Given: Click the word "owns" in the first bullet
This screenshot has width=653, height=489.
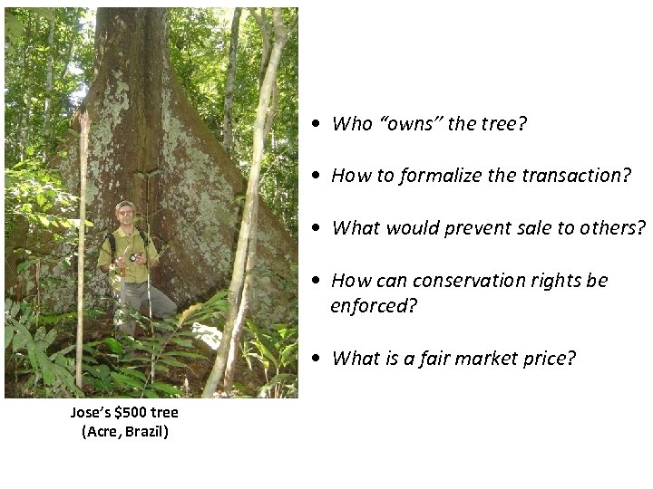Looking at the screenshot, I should (x=410, y=124).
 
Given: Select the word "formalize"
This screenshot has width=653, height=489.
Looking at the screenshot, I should (x=430, y=177).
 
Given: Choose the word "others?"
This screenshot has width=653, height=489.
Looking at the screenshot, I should (x=613, y=228).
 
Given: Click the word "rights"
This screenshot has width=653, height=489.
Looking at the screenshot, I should (x=558, y=281).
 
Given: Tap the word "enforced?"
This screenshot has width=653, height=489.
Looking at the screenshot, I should (x=374, y=306).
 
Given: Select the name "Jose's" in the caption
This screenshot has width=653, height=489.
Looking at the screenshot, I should (x=92, y=413).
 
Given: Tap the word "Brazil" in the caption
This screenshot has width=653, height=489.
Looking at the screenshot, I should (x=146, y=431).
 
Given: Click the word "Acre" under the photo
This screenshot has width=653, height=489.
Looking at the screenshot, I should (x=102, y=431).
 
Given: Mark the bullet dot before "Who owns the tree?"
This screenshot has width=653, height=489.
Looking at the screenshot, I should (x=312, y=125).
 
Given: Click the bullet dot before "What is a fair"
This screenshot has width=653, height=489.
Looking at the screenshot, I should (x=312, y=359).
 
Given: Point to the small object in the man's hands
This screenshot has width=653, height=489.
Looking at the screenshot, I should (x=132, y=257).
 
